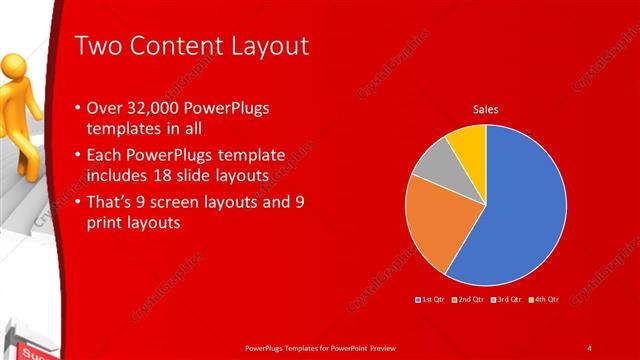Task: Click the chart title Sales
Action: pos(486,109)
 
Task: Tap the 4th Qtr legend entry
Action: pos(543,299)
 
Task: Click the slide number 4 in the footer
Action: pos(589,347)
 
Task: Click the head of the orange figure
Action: pos(14,63)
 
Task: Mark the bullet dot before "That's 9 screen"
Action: pos(79,204)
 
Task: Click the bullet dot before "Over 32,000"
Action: pos(79,107)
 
